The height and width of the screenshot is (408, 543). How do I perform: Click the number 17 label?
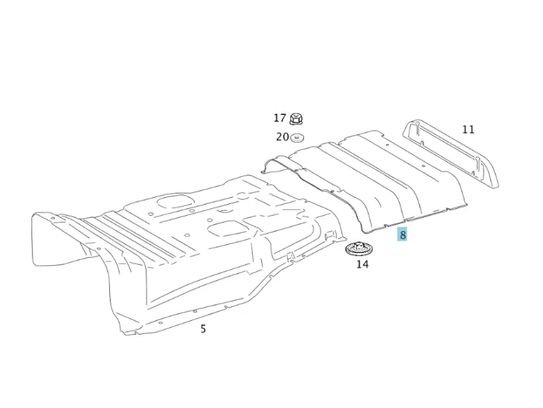click(280, 118)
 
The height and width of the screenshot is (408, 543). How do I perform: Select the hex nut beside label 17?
click(296, 118)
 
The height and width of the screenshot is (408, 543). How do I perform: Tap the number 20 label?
click(282, 137)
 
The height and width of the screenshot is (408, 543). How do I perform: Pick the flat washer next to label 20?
click(297, 138)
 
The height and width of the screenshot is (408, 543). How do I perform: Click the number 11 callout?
click(468, 129)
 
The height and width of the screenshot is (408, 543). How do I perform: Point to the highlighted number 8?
click(402, 235)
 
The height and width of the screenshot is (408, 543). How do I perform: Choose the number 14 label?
click(362, 265)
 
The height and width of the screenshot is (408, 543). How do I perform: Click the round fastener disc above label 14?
click(357, 249)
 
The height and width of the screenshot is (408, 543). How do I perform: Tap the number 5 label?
click(203, 328)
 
